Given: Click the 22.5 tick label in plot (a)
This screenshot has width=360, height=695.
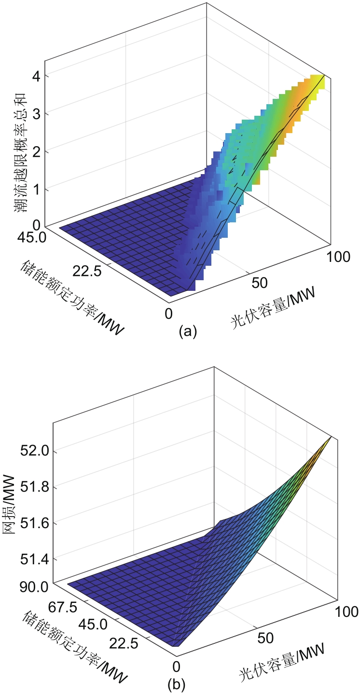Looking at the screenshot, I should click(x=87, y=272).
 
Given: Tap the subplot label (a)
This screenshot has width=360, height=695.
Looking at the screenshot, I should click(x=188, y=332).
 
